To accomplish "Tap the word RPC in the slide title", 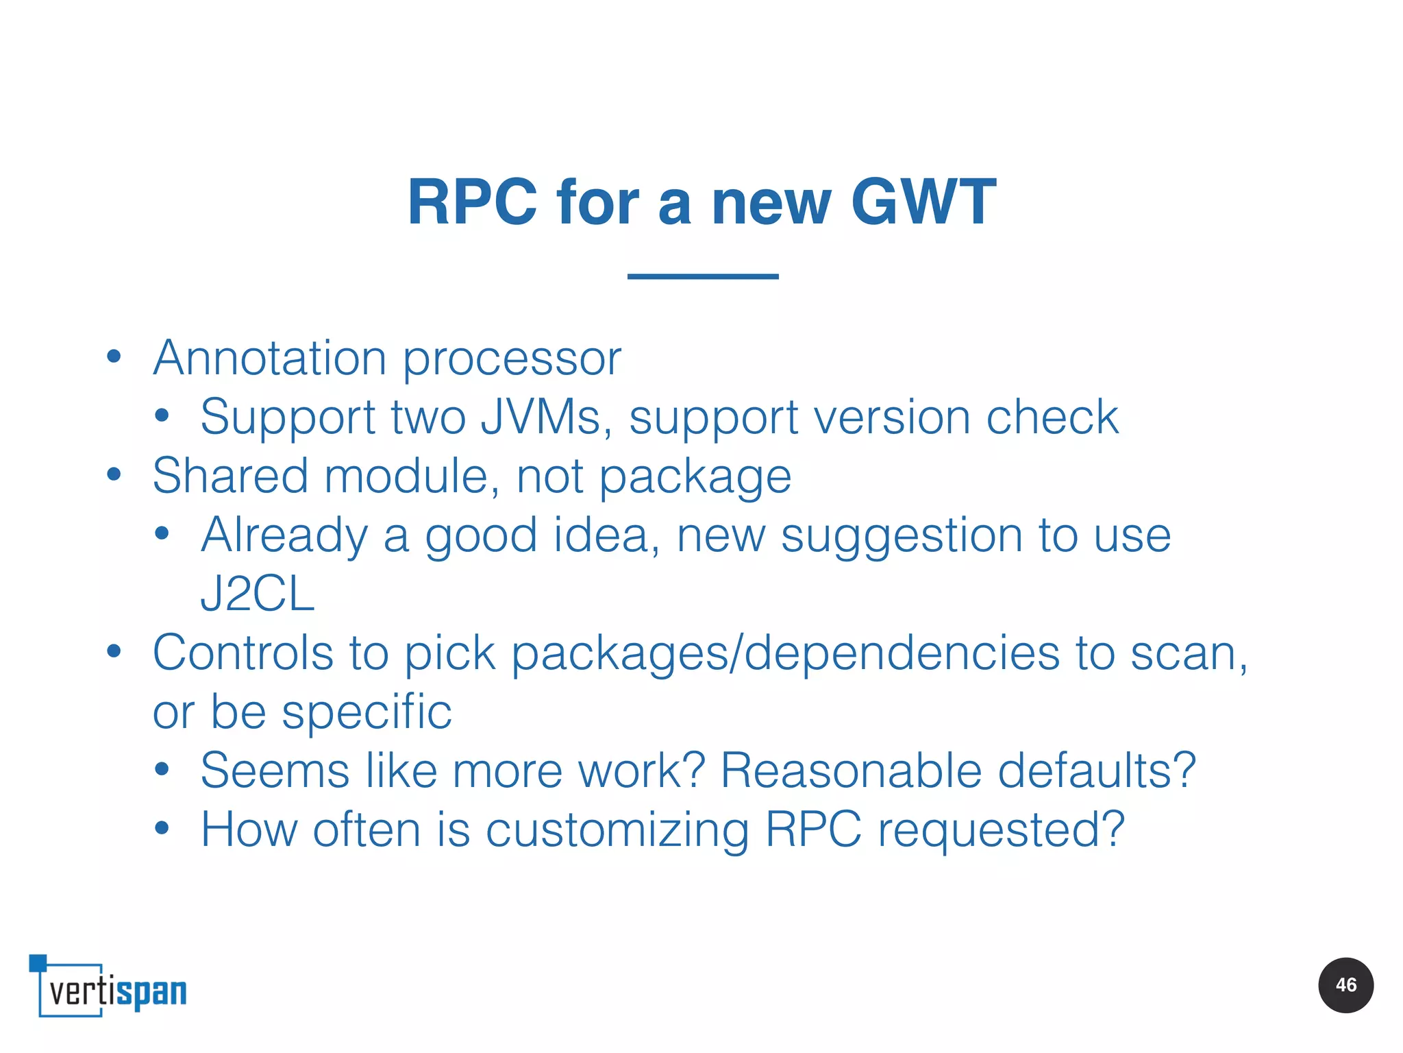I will [x=472, y=202].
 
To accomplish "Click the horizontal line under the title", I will [x=702, y=276].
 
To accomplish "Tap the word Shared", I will [x=230, y=476].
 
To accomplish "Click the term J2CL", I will [x=257, y=594].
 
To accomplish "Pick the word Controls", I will [x=243, y=653].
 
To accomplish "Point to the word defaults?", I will [x=1096, y=771].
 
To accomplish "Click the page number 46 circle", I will [x=1345, y=985].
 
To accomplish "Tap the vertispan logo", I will [x=110, y=987].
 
